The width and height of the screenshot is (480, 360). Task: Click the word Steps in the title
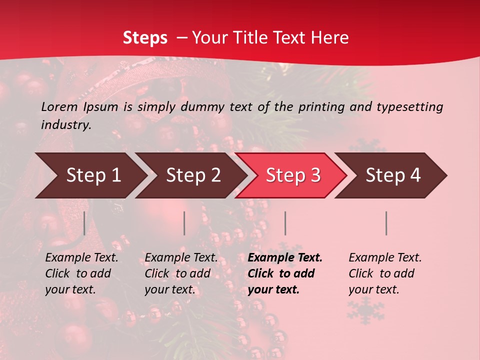[145, 38]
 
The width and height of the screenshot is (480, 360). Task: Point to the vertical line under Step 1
[84, 223]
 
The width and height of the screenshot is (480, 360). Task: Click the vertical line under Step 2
[184, 223]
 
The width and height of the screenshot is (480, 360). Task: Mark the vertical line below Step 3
[285, 223]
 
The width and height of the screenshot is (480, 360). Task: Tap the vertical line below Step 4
[386, 223]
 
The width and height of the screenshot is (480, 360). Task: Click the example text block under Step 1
[81, 273]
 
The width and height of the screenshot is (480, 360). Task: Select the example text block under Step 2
[181, 273]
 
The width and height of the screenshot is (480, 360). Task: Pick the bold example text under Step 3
[285, 273]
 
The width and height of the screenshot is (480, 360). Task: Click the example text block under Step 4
[385, 273]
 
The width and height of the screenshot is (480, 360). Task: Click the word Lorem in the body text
[59, 106]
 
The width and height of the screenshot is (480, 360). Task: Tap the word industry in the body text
[66, 125]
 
